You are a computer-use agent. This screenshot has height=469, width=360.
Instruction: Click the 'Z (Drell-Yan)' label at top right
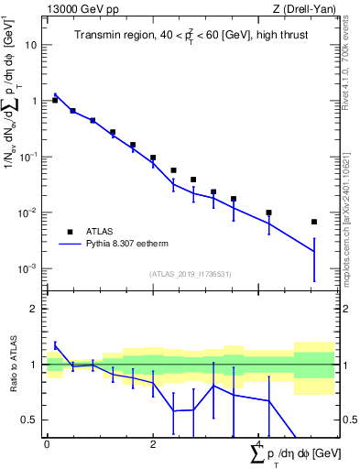302,9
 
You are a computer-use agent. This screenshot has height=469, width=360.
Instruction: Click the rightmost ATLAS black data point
314,222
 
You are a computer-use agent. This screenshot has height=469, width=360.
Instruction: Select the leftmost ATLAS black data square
55,100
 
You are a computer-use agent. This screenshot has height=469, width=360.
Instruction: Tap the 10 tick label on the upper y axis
31,45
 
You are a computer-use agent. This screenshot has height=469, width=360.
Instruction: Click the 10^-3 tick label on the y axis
27,268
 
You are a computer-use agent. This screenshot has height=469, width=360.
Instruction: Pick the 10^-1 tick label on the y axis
27,157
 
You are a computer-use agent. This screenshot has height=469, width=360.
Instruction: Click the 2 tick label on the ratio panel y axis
34,309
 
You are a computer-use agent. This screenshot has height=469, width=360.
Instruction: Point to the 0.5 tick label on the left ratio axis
29,420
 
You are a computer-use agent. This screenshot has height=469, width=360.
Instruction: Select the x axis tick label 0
47,444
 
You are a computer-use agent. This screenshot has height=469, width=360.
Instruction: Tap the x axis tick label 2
153,444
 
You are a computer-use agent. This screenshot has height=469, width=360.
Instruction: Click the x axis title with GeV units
292,453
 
